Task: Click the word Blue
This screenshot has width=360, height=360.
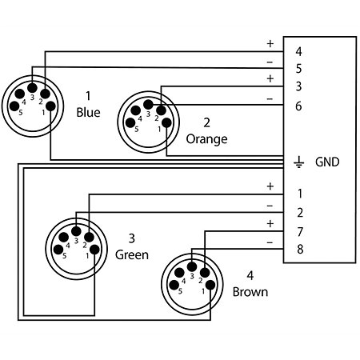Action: point(88,113)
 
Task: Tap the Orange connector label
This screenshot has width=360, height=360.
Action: point(206,139)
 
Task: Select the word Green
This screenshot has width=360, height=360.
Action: point(132,255)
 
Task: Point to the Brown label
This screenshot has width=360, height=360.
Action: point(250,292)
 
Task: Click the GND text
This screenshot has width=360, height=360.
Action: point(327,162)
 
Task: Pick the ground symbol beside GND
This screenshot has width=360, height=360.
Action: point(298,162)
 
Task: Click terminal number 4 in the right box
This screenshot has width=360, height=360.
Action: point(298,52)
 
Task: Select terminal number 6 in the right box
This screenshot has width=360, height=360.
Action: point(298,106)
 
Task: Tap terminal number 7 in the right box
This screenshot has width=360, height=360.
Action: point(300,232)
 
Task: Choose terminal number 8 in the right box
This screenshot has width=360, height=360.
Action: point(300,249)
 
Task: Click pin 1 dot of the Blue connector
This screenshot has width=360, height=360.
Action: point(50,106)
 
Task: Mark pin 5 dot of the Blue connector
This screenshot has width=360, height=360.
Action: point(14,106)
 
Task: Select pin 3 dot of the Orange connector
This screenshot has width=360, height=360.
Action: point(148,104)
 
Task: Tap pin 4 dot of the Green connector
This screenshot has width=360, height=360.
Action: point(63,237)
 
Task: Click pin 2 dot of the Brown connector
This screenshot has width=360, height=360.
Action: point(205,273)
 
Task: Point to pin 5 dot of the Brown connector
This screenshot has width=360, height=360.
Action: point(174,285)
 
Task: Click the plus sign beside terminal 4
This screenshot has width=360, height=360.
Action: point(270,43)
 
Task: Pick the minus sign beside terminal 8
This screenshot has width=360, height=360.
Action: point(270,242)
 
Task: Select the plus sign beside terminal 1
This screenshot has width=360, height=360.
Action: point(270,186)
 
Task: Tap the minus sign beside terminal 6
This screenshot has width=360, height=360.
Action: point(270,99)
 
